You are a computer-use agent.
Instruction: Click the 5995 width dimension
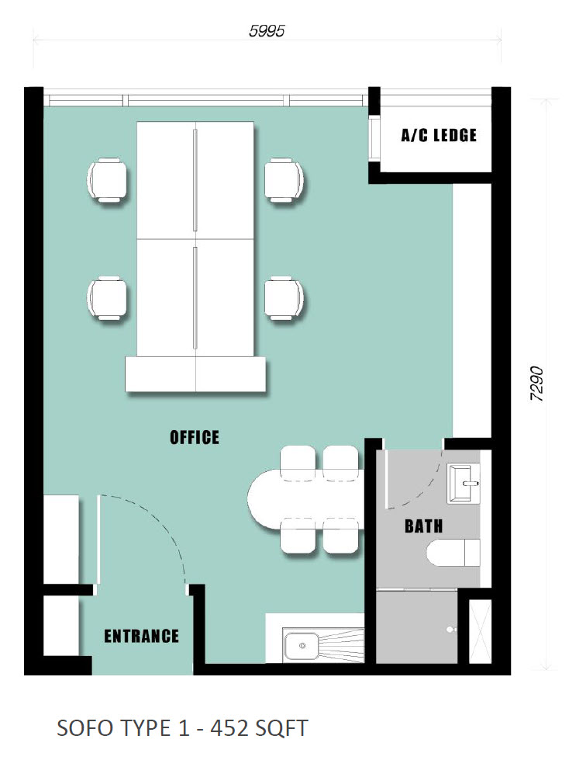point(267,31)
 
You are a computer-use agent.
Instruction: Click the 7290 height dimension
point(536,384)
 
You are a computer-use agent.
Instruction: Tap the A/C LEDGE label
point(439,135)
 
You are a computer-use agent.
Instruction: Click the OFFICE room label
point(195,437)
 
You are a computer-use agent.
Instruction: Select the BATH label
point(423,526)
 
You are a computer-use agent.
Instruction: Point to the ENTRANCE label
point(142,636)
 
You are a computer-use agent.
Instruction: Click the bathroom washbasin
point(463,483)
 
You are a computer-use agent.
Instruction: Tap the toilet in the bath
point(453,553)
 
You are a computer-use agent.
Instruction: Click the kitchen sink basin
point(302,645)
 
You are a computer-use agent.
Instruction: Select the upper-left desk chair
point(106,179)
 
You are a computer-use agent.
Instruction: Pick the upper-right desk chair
point(284,179)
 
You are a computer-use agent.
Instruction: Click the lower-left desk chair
point(106,298)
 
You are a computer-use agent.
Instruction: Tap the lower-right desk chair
point(284,298)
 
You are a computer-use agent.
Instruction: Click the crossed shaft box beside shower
point(480,631)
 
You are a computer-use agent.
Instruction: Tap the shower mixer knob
point(450,630)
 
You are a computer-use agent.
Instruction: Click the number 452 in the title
point(229,729)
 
